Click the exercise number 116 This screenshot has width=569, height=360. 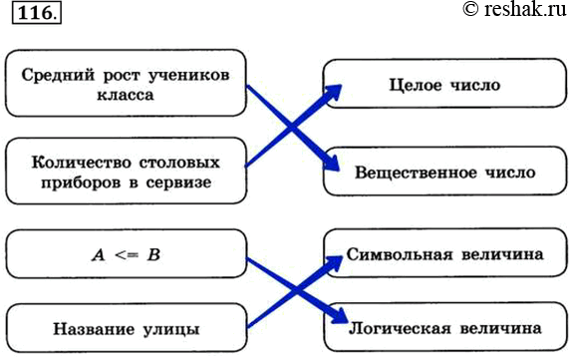(x=33, y=15)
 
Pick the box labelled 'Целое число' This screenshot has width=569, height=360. (x=444, y=86)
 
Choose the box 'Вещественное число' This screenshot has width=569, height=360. (x=444, y=173)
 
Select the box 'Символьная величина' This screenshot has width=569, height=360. (x=444, y=255)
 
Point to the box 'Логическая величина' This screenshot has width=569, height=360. (x=444, y=326)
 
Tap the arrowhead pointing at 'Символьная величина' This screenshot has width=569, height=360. (x=335, y=262)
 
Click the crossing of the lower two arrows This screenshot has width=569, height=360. (x=291, y=290)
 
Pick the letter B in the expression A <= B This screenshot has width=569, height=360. (x=154, y=256)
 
